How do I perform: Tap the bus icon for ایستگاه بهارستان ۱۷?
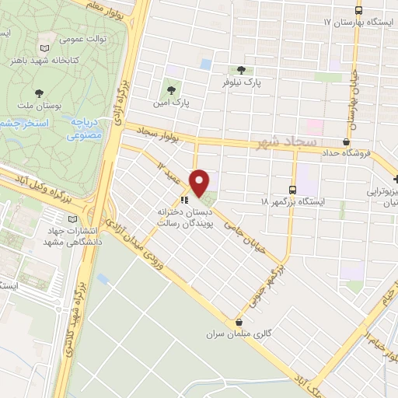pos(358,11)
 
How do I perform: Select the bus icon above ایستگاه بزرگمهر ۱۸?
pos(292,189)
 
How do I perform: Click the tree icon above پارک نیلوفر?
pos(249,70)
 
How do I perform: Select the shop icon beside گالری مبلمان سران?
pos(239,323)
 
